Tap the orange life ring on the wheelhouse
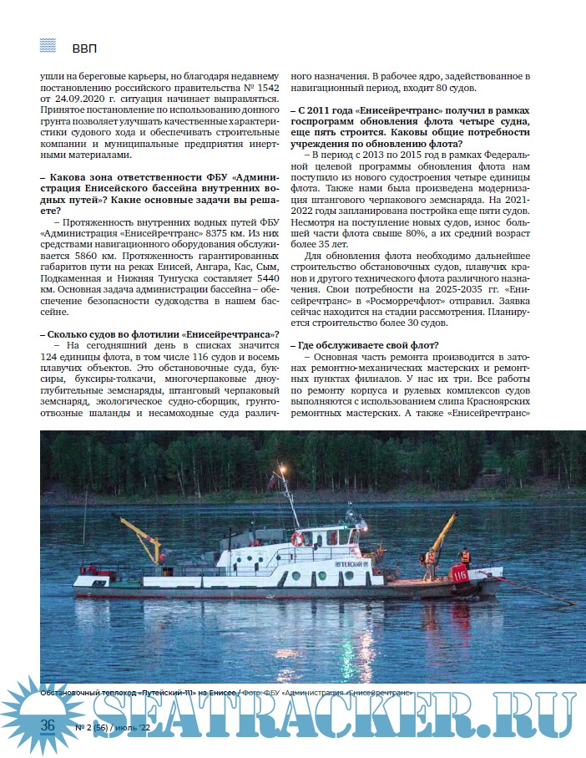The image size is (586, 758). [297, 540]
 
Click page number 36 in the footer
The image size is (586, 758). [48, 725]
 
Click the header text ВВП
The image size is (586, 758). [85, 47]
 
